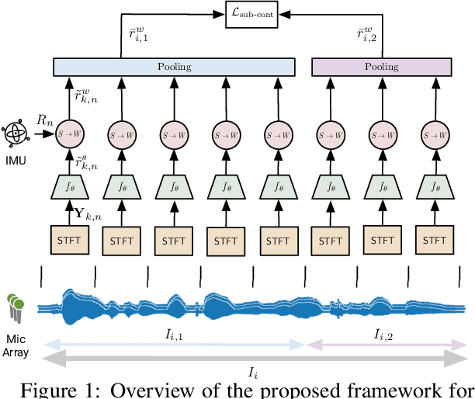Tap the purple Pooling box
[x=381, y=68]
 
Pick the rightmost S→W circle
[x=435, y=134]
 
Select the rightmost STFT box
[x=435, y=239]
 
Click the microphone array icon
[x=16, y=307]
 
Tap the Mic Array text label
[x=16, y=345]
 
